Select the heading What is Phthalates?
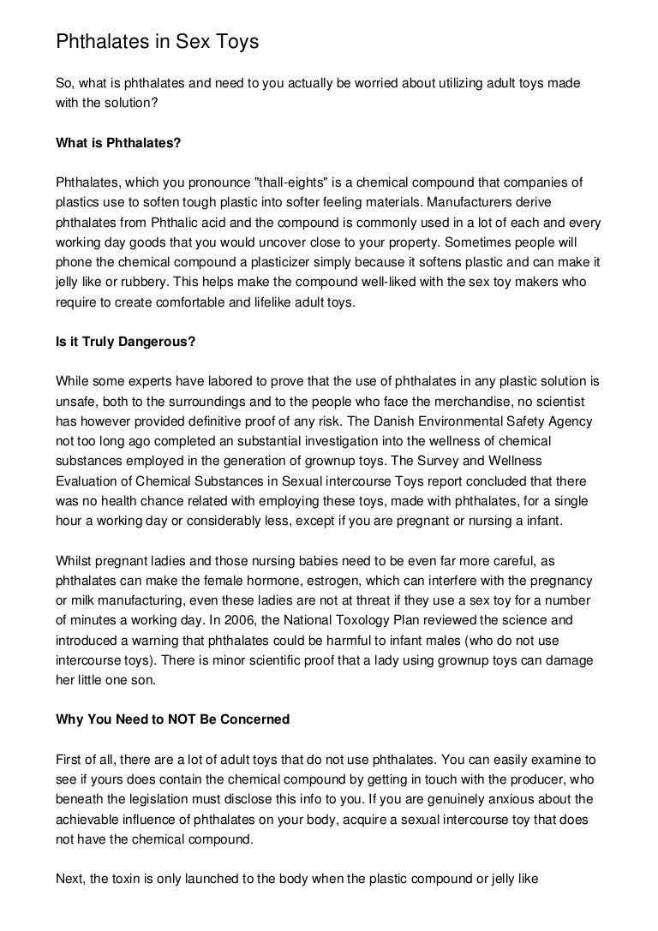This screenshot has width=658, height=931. pos(118,145)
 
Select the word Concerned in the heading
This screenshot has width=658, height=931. pos(254,720)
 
